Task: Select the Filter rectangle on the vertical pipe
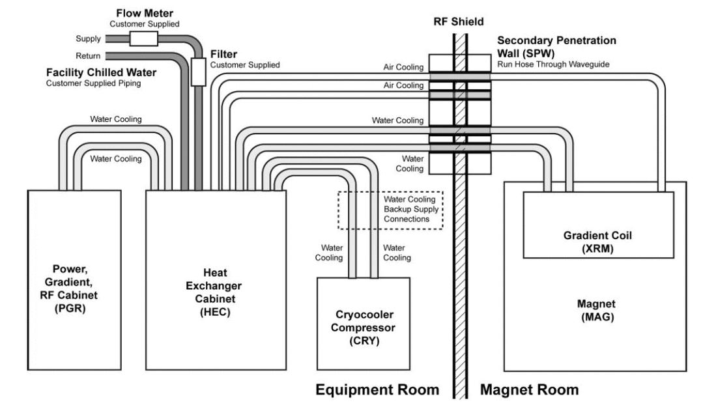click(x=198, y=71)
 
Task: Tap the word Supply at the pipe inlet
click(x=88, y=39)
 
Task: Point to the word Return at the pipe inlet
click(x=88, y=56)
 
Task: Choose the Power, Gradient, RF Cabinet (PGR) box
click(x=73, y=280)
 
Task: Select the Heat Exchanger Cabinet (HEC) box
click(x=215, y=280)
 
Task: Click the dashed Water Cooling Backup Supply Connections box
click(x=390, y=210)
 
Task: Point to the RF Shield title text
click(x=459, y=21)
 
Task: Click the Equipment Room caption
click(x=377, y=390)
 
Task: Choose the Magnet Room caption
click(x=529, y=390)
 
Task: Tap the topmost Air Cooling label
click(x=404, y=67)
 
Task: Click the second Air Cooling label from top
click(x=404, y=85)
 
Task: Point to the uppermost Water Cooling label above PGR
click(x=116, y=119)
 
